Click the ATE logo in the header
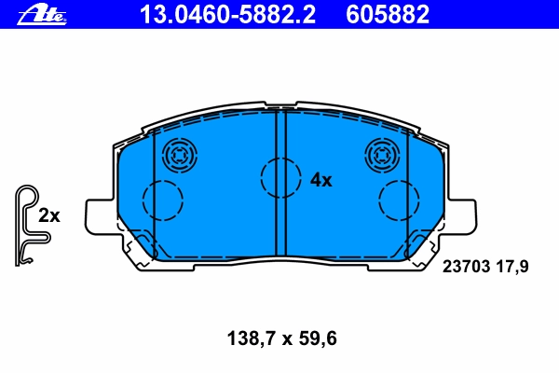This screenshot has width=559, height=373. tap(42, 15)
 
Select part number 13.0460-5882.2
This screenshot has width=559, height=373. tap(227, 14)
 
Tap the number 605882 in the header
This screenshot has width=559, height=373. tap(388, 14)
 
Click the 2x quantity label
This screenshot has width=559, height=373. tap(49, 215)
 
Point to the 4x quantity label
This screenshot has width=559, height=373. tap(320, 180)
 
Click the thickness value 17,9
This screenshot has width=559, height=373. tap(511, 267)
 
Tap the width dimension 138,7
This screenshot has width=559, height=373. tap(252, 338)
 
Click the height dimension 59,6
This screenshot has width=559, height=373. tap(318, 338)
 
